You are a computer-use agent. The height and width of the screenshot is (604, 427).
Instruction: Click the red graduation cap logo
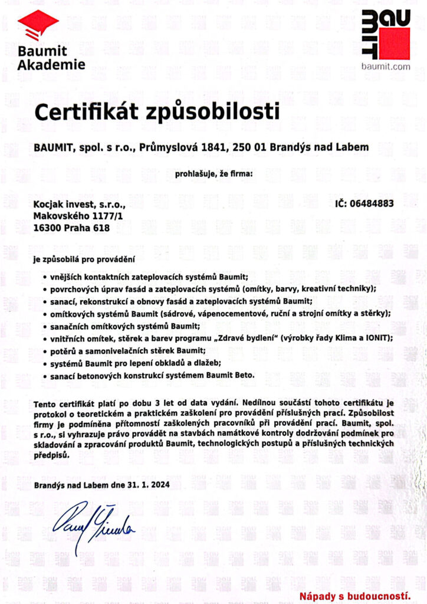click(38, 24)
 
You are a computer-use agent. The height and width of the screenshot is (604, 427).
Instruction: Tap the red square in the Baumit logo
click(394, 44)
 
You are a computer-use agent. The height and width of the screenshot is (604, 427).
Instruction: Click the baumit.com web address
click(386, 67)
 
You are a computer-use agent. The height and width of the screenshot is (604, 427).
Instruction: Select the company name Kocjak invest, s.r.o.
click(80, 204)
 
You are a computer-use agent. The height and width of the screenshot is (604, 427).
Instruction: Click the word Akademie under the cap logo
click(51, 64)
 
